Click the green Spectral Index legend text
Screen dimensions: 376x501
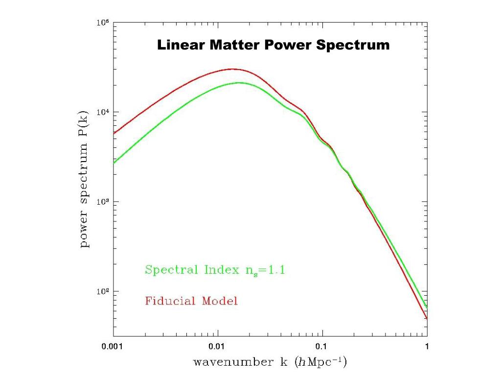pyautogui.click(x=214, y=270)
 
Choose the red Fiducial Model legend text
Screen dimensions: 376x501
pyautogui.click(x=191, y=301)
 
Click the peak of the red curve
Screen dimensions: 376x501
pyautogui.click(x=233, y=69)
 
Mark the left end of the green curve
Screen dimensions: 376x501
pyautogui.click(x=114, y=163)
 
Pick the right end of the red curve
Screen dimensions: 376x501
pyautogui.click(x=427, y=319)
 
